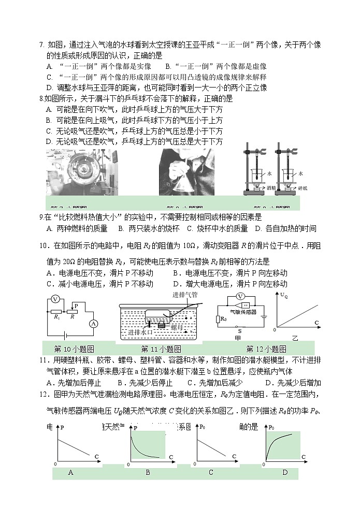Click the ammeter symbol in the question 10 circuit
point(93,324)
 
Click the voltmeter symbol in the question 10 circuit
point(54,300)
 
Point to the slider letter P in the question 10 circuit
point(76,306)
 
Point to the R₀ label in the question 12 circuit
point(223,319)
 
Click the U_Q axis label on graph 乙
point(284,295)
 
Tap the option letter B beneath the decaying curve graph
point(148,472)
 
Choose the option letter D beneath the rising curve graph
point(285,472)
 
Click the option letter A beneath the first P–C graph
point(70,472)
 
